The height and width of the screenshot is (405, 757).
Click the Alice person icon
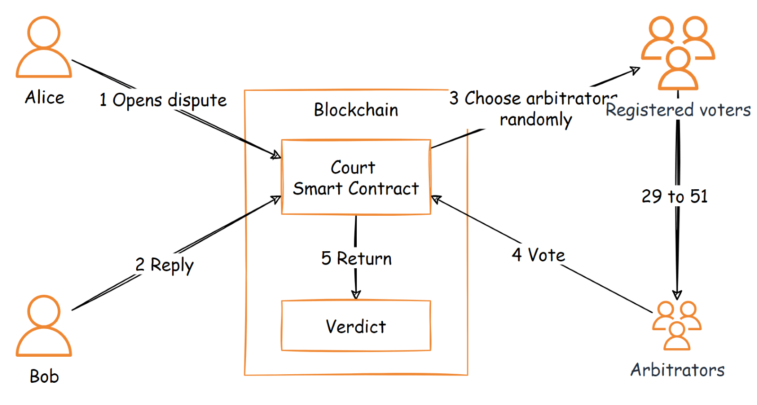(x=44, y=47)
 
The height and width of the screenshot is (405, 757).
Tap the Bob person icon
(x=44, y=326)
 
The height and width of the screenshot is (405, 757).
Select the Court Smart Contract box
(x=356, y=177)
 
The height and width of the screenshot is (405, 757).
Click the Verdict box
(x=356, y=326)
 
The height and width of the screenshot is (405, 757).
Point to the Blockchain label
(x=356, y=110)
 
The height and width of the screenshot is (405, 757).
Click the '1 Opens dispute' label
(x=163, y=100)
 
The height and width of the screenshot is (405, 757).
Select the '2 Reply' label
(x=164, y=265)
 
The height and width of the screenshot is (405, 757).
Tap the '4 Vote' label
(x=538, y=255)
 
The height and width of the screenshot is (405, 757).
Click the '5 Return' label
(x=356, y=258)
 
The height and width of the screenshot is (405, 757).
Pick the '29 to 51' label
(x=674, y=196)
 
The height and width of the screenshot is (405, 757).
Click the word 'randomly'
(x=536, y=120)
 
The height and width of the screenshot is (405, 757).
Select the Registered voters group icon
(x=678, y=52)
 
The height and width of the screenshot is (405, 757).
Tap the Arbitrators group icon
(x=677, y=326)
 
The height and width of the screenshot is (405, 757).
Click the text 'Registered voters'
(x=678, y=110)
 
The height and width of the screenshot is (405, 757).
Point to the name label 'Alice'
(x=44, y=97)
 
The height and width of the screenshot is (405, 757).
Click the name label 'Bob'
(x=44, y=376)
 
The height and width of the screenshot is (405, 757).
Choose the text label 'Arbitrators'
(x=677, y=370)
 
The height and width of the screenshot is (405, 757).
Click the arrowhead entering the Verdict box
(x=356, y=295)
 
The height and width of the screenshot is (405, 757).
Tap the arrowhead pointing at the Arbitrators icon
(x=677, y=295)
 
